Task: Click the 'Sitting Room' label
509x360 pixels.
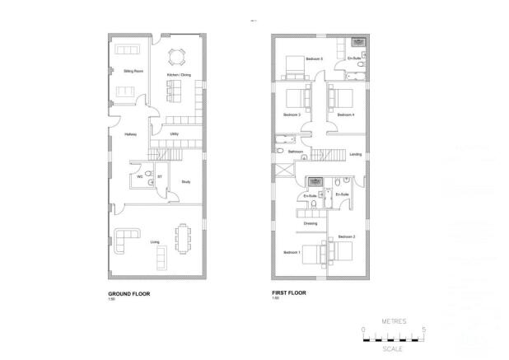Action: click(124, 72)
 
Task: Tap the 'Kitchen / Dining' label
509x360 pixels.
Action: click(178, 75)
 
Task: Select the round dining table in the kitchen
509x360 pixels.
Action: click(176, 58)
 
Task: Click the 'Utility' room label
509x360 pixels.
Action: click(175, 133)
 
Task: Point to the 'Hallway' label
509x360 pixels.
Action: click(129, 133)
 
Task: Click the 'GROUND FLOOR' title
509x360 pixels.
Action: click(128, 293)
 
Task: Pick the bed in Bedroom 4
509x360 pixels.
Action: click(339, 97)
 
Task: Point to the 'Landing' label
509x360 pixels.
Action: click(356, 154)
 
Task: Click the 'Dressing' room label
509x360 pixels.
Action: click(311, 223)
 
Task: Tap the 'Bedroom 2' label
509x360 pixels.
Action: click(346, 236)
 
